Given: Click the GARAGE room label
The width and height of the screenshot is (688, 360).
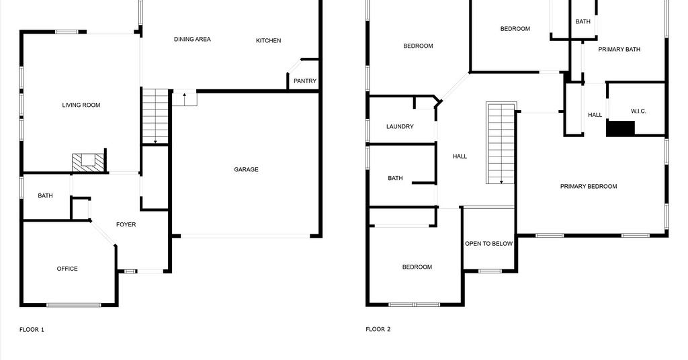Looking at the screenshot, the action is coord(246,170).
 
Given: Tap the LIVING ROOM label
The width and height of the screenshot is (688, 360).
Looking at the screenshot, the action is coord(81,105).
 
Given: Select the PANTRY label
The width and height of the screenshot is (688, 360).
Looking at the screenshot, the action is coord(305,81).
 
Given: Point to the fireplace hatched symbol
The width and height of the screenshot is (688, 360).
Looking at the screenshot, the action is coord(89,163).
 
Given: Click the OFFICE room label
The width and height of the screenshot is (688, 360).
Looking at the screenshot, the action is coord(67,269).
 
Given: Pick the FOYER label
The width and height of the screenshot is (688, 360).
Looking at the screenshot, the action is coord(126,224).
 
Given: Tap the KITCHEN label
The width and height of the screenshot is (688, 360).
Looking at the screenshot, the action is coord(269,41).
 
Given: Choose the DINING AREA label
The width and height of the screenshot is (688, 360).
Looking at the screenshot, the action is coord(192,40).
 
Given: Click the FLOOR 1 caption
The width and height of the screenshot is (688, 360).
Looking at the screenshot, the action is coord(32,330).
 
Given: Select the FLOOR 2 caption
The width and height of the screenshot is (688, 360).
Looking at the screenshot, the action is coord(378,329).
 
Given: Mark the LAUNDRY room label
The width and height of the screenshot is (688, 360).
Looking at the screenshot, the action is coord(400,127).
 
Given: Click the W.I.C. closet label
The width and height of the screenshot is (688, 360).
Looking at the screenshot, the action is coord(638,111).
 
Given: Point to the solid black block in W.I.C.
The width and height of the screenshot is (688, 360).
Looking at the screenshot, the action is coord(620,128).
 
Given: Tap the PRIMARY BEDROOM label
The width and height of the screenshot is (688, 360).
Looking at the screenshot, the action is coord(589,186).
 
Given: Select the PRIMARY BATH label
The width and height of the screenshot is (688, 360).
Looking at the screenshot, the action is coord(619,50).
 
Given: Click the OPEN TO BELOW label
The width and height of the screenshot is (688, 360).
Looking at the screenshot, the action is coord(489,244).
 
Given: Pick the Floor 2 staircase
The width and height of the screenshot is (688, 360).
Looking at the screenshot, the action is coord(501,143).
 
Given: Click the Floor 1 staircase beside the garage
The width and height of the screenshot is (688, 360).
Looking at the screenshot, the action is coord(155,116).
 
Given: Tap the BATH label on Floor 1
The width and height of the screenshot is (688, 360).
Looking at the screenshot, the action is coord(45,196).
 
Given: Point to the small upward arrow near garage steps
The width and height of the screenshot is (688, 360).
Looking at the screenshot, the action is coord(185,99).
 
